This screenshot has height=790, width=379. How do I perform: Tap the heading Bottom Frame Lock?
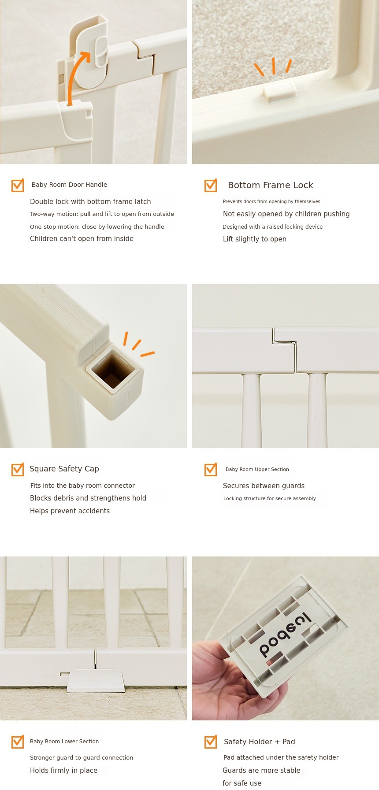point(271,185)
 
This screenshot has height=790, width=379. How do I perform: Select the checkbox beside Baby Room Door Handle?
point(18,185)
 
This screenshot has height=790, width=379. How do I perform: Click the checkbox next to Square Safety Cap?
point(18,469)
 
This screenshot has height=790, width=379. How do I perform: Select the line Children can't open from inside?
point(82,239)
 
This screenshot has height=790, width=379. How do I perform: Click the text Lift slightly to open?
point(255,239)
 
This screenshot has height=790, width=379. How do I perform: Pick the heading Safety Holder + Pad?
point(260,742)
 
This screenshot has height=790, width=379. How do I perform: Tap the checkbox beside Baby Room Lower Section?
point(18,742)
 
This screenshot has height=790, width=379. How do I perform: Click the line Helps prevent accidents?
point(70,511)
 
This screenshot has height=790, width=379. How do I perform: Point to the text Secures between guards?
point(264,486)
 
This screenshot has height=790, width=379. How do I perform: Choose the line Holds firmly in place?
point(63,771)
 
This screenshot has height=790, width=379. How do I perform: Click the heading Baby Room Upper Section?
point(257,470)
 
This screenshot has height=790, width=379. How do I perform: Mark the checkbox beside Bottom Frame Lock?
point(211,185)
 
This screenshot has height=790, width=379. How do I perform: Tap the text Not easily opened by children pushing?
point(286,214)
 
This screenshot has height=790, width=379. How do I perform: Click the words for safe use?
point(242,783)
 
